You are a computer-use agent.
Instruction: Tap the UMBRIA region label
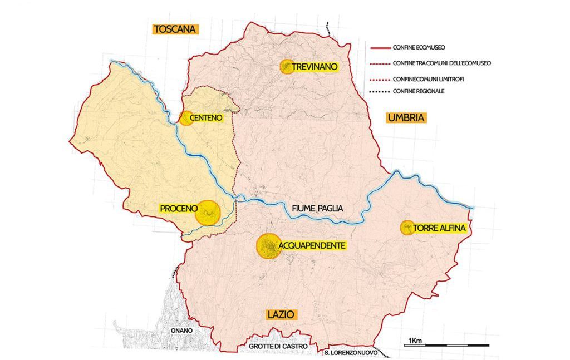coord(406,117)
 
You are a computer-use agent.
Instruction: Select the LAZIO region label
coord(281,314)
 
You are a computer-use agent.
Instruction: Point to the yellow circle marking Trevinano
coord(287,67)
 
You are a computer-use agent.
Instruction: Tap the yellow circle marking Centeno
coord(186,118)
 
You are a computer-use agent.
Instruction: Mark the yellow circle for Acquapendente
coord(268,245)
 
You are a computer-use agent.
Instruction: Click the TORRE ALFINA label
coord(439,228)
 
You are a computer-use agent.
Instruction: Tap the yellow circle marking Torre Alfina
coord(407,227)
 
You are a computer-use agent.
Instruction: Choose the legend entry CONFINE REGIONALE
coord(419,91)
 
